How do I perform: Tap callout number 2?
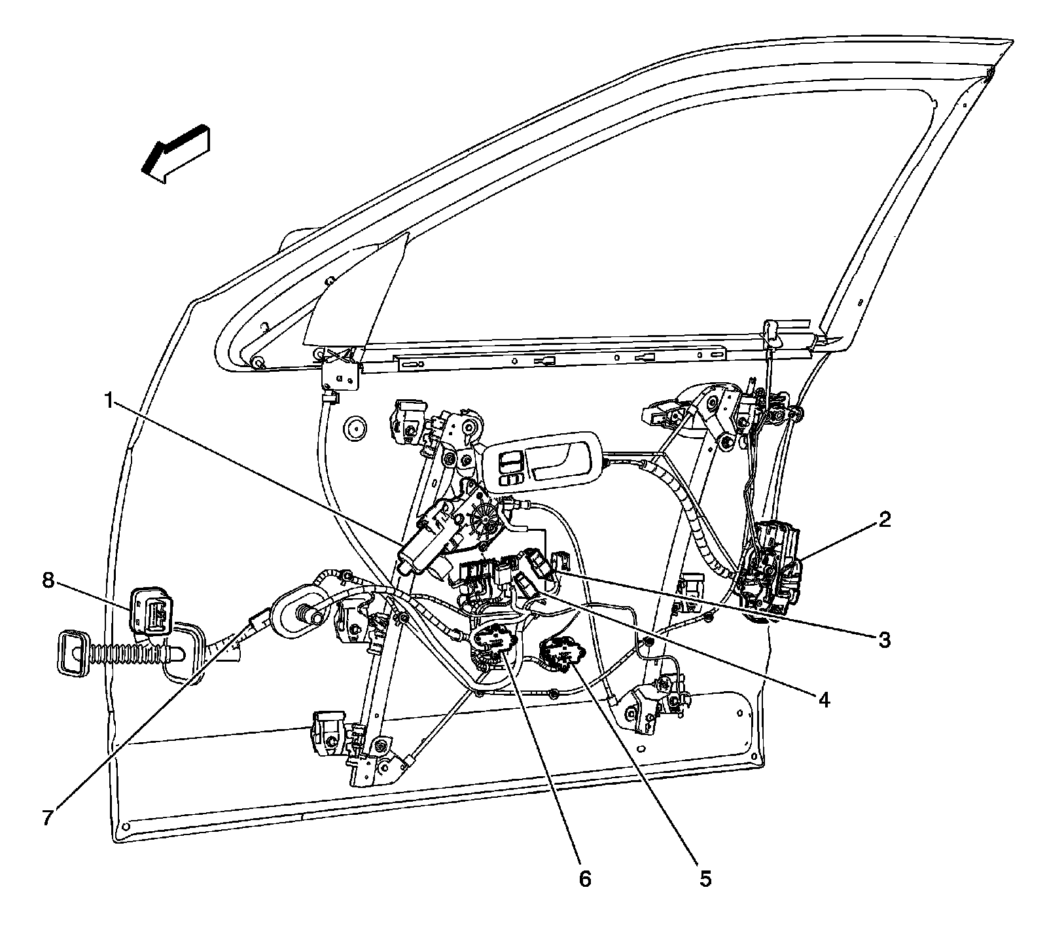885,520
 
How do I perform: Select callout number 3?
884,639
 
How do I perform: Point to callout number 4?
824,701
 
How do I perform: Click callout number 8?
48,581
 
